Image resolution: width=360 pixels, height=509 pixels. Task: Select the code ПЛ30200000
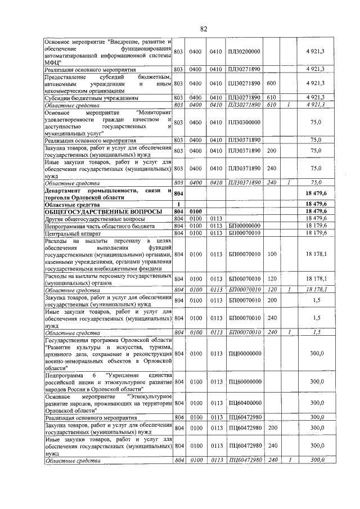[x=245, y=52]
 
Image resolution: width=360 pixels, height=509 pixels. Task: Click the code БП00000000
[x=245, y=226]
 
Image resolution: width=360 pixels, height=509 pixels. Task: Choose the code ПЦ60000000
[x=245, y=382]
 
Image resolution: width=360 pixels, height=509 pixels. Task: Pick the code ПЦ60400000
[x=245, y=403]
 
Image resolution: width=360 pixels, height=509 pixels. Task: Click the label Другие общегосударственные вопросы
[x=93, y=218]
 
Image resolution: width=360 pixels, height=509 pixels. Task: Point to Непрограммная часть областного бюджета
[x=100, y=226]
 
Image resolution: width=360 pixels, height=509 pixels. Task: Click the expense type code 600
[x=271, y=83]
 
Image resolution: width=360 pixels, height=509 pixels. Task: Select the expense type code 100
[x=271, y=254]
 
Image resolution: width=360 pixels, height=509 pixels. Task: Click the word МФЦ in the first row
[x=52, y=63]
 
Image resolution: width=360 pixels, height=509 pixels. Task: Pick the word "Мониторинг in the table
[x=150, y=112]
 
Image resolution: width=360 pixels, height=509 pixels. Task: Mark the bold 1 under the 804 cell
[x=178, y=204]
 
